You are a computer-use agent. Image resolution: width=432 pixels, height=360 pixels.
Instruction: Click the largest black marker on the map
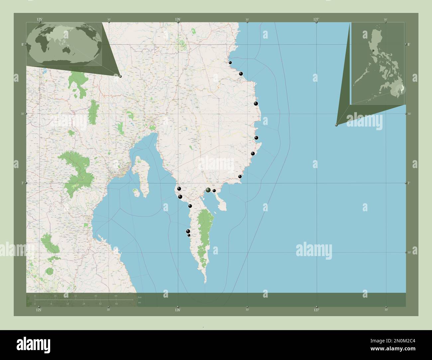pyautogui.click(x=208, y=190)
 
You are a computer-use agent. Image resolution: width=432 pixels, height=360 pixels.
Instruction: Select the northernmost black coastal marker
pyautogui.click(x=230, y=62)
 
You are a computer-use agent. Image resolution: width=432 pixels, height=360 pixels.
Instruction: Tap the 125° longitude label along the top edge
pyautogui.click(x=40, y=20)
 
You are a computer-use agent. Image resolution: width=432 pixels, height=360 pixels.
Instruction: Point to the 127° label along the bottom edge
pyautogui.click(x=316, y=310)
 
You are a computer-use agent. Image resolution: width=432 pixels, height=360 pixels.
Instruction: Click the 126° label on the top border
pyautogui.click(x=178, y=20)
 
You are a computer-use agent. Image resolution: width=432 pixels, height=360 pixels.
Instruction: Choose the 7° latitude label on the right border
pyautogui.click(x=409, y=183)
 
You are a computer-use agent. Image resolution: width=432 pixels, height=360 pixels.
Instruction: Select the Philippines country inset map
pyautogui.click(x=378, y=63)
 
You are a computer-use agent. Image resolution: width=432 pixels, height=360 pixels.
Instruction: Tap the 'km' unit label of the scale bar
pyautogui.click(x=140, y=297)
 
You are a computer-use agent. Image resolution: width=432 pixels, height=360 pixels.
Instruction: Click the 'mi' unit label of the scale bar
pyautogui.click(x=140, y=303)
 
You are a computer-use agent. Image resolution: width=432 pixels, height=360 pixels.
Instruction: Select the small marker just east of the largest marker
pyautogui.click(x=214, y=191)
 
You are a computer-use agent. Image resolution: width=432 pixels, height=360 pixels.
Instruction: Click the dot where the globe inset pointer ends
pyautogui.click(x=120, y=76)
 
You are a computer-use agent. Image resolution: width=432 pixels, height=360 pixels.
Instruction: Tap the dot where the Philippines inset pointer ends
pyautogui.click(x=336, y=125)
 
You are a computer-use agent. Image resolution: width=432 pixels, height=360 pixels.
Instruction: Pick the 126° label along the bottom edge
pyautogui.click(x=178, y=310)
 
